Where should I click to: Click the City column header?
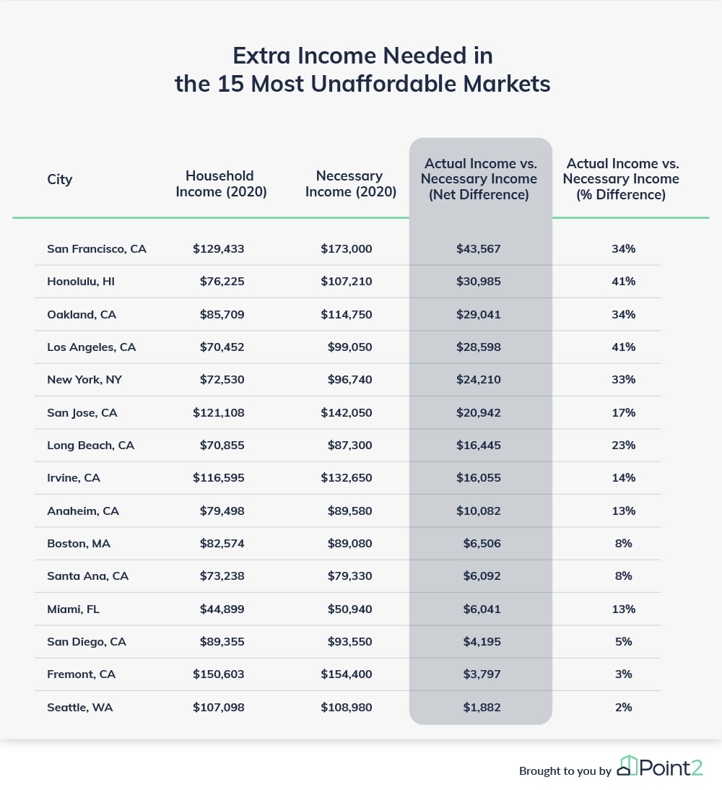coord(59,180)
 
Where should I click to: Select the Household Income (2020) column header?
coord(221,184)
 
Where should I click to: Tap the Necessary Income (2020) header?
coord(351,184)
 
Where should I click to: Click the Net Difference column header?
coord(479,179)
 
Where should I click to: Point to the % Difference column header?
coord(621,179)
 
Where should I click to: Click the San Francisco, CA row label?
coord(97,249)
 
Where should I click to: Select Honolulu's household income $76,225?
coord(222,281)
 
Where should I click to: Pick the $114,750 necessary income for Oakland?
coord(346,314)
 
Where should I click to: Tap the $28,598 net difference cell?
coord(479,347)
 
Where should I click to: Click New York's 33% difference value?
coord(623,379)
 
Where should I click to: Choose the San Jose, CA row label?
coord(82,412)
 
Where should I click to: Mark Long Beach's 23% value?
coord(623,446)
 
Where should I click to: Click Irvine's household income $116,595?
coord(218,477)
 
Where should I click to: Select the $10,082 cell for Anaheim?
coord(479,511)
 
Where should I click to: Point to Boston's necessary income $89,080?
coord(349,544)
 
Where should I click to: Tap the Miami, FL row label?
coord(73,609)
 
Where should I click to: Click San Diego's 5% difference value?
coord(623,641)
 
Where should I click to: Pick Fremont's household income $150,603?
coord(218,674)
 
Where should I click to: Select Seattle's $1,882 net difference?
coord(482,708)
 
